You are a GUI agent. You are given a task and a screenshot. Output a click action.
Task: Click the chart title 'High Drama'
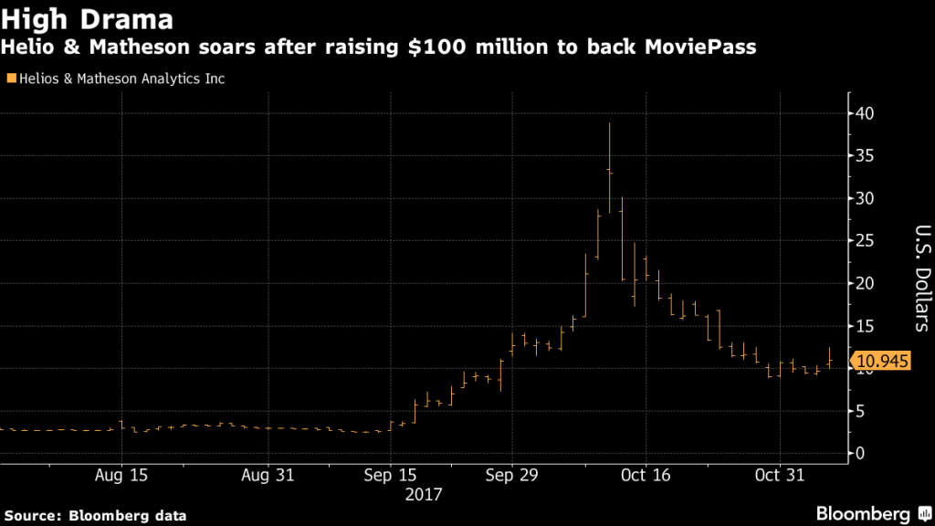pyautogui.click(x=79, y=17)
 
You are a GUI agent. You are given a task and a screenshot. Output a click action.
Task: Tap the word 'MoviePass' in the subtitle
pyautogui.click(x=703, y=47)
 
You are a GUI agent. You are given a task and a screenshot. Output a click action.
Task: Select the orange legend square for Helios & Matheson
pyautogui.click(x=10, y=79)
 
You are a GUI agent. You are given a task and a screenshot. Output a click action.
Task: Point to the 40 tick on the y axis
pyautogui.click(x=866, y=114)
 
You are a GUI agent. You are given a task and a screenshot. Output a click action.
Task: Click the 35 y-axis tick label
pyautogui.click(x=866, y=156)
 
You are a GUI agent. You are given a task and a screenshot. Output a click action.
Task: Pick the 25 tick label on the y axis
pyautogui.click(x=866, y=241)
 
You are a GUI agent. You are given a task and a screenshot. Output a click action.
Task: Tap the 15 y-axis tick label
pyautogui.click(x=866, y=326)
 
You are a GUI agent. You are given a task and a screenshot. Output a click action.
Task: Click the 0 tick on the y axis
pyautogui.click(x=860, y=453)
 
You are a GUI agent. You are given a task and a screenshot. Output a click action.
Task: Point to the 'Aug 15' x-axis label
pyautogui.click(x=121, y=476)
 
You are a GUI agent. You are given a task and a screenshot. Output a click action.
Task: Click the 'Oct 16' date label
pyautogui.click(x=646, y=476)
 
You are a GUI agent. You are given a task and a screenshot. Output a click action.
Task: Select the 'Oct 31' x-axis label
pyautogui.click(x=780, y=476)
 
